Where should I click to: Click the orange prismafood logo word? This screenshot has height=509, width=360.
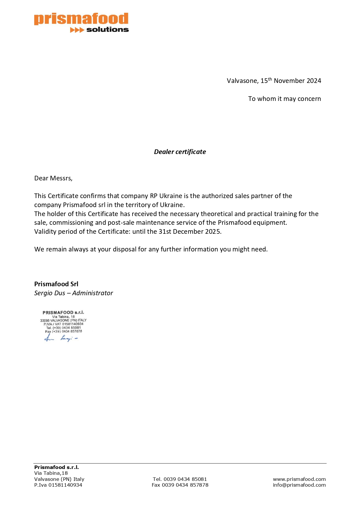81,19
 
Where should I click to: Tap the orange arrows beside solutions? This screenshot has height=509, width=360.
77,30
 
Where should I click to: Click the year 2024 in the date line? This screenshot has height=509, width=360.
314,81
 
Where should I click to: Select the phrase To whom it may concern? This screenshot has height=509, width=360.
284,99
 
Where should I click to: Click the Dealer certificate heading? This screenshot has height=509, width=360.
180,152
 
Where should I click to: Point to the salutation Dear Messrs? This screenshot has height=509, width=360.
53,178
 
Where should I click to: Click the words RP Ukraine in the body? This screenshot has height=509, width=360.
166,196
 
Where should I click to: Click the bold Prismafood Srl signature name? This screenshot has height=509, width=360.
56,284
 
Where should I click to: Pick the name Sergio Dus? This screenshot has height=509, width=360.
50,293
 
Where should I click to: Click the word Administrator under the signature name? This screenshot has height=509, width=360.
93,293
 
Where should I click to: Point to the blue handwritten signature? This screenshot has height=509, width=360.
61,338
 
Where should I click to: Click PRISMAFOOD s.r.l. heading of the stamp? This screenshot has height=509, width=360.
63,312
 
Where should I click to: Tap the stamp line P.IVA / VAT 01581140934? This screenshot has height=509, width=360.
63,324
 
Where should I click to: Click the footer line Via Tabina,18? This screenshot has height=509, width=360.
51,473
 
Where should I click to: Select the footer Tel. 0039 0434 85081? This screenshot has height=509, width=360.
180,479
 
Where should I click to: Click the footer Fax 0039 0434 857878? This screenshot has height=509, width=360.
180,485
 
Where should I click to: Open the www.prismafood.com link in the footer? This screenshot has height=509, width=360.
299,479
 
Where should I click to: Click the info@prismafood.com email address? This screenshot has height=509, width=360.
299,485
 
